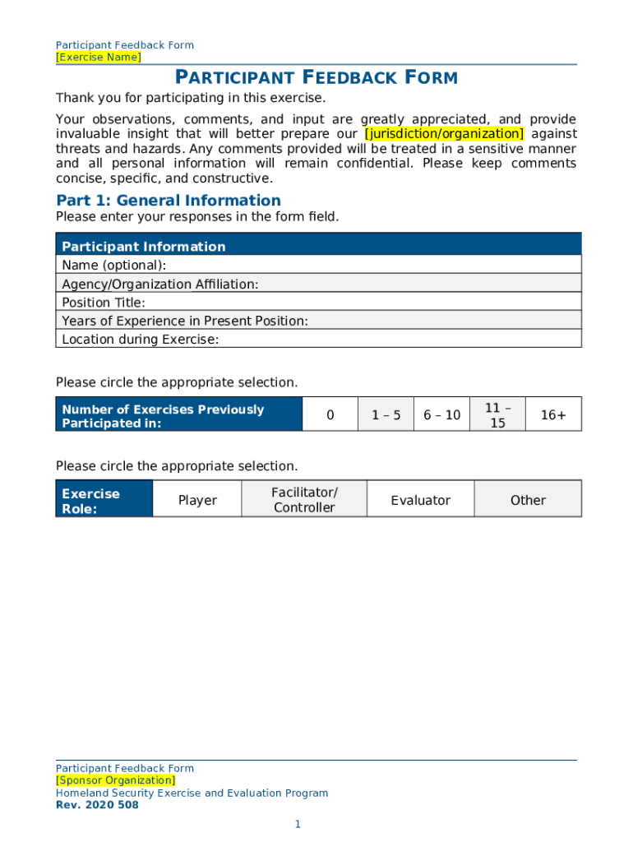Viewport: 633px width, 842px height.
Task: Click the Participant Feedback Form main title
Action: [x=316, y=78]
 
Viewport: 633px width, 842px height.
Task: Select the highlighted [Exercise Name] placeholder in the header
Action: [x=98, y=57]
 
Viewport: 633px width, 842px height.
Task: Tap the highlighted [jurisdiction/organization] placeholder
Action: [x=443, y=133]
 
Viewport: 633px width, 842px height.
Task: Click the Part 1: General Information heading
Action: [x=168, y=201]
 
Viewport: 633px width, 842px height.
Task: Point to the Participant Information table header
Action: [x=318, y=246]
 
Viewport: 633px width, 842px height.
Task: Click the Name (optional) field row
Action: [x=318, y=265]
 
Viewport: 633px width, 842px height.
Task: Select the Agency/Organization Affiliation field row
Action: [x=318, y=284]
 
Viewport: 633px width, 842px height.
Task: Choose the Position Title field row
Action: [x=318, y=303]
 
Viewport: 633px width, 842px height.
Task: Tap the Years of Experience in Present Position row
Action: [x=318, y=321]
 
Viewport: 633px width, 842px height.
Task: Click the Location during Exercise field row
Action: [x=318, y=339]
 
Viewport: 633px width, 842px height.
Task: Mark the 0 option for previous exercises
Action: [x=330, y=415]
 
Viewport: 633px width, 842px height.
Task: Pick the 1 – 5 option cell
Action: [x=386, y=415]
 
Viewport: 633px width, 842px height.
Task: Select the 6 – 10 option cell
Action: [x=441, y=415]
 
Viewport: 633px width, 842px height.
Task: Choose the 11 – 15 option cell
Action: [x=497, y=415]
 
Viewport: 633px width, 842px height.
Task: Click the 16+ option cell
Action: [x=553, y=415]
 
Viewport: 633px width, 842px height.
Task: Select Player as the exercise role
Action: [x=197, y=500]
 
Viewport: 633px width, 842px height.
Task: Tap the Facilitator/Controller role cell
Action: [x=304, y=500]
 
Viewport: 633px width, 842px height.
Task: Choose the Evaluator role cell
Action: [x=420, y=500]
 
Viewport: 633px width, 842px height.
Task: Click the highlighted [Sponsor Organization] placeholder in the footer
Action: [x=115, y=780]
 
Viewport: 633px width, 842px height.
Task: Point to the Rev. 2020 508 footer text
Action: [x=97, y=805]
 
